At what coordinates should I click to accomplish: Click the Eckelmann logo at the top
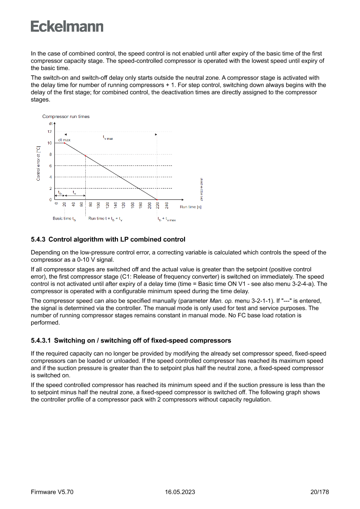[x=67, y=27]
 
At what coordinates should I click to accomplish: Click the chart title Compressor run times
[x=66, y=117]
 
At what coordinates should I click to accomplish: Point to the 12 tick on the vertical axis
[x=49, y=131]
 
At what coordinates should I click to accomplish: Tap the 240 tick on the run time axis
[x=167, y=206]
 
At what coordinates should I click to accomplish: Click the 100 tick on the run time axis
[x=99, y=206]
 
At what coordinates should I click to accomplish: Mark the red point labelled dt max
[x=64, y=143]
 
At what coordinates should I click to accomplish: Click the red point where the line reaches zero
[x=158, y=199]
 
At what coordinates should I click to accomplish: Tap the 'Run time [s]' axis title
[x=190, y=207]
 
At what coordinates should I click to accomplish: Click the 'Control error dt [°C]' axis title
[x=38, y=163]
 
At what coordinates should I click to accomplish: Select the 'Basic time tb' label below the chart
[x=64, y=219]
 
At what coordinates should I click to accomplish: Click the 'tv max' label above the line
[x=108, y=138]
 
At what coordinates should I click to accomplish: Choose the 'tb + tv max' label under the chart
[x=167, y=219]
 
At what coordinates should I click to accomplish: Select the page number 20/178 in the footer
[x=320, y=492]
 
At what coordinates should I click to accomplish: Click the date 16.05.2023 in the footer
[x=180, y=492]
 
